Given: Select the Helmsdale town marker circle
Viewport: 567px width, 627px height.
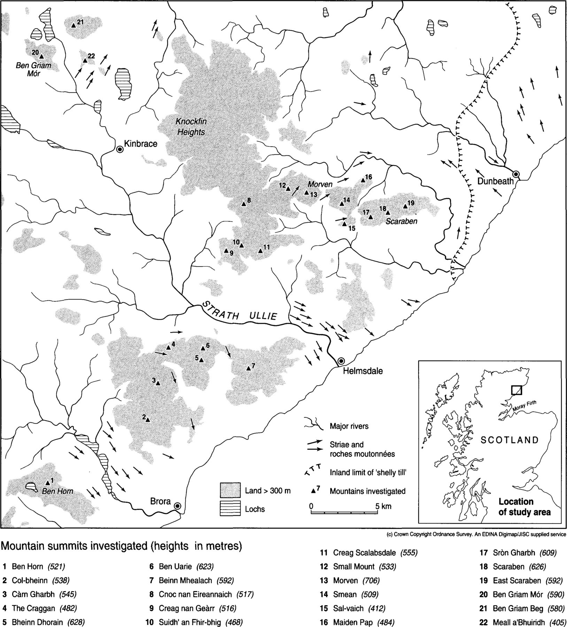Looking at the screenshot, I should click(x=341, y=361).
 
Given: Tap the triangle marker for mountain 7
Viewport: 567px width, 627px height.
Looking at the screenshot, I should click(x=248, y=368).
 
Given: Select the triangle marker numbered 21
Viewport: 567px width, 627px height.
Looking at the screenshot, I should click(x=73, y=25).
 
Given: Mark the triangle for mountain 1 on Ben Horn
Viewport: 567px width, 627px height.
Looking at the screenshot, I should click(x=48, y=482).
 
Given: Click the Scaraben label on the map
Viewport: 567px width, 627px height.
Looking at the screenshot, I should click(x=402, y=221).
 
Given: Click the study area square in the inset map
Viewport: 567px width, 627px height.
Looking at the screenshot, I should click(x=516, y=390).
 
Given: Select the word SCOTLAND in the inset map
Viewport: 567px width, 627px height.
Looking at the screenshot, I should click(x=510, y=440).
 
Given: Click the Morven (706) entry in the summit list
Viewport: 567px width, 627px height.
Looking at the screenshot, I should click(x=350, y=580).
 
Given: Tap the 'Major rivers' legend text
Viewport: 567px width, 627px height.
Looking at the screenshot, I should click(x=349, y=426).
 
